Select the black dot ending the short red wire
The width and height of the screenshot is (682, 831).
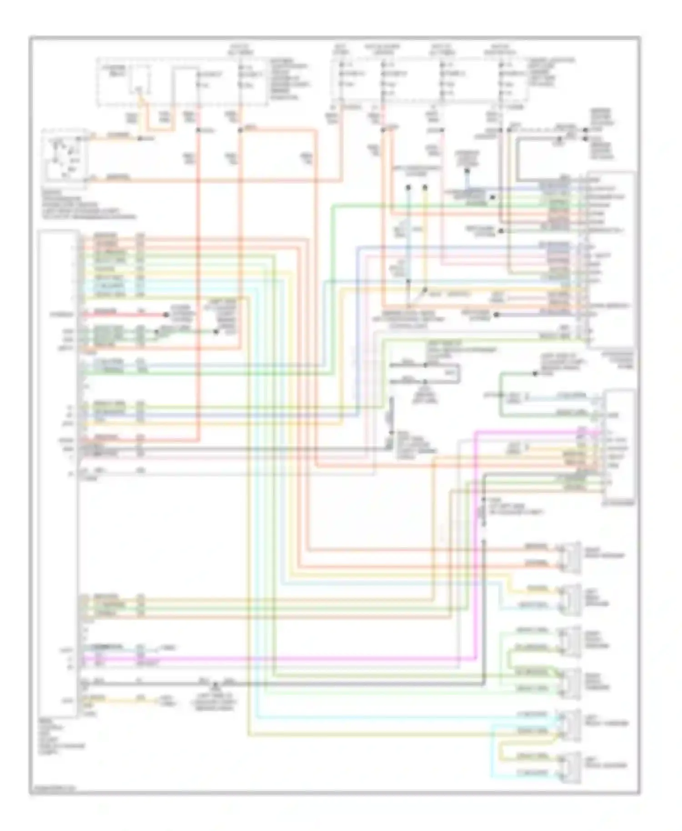point(166,315)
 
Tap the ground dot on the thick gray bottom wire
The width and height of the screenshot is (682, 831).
point(216,683)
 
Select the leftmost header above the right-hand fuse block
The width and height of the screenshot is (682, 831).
point(340,49)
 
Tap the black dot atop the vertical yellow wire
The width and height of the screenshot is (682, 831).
point(425,187)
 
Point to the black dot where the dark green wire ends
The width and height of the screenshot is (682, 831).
point(535,374)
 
